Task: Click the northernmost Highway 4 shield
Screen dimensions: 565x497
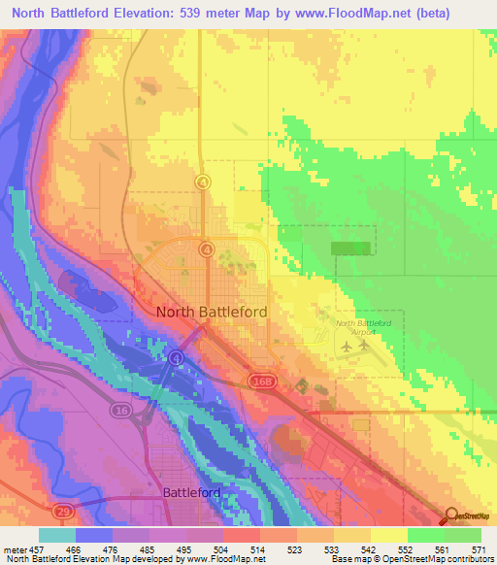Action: click(203, 182)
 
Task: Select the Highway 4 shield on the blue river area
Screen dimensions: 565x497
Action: click(176, 357)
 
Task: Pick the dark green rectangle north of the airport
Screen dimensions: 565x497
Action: click(351, 249)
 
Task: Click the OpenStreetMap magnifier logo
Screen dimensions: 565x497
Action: click(449, 516)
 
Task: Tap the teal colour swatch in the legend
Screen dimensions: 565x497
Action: click(56, 535)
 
